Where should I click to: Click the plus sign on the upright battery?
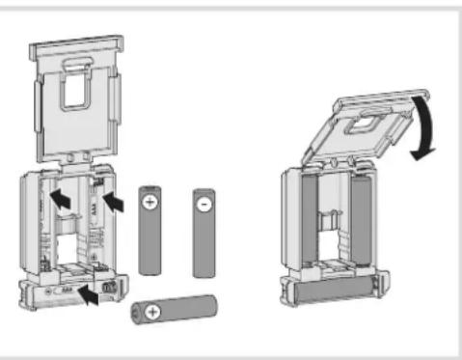(149, 204)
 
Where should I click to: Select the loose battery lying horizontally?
(173, 312)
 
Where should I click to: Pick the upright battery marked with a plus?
(149, 232)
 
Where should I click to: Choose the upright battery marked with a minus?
(204, 232)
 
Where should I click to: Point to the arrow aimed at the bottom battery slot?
(90, 293)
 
